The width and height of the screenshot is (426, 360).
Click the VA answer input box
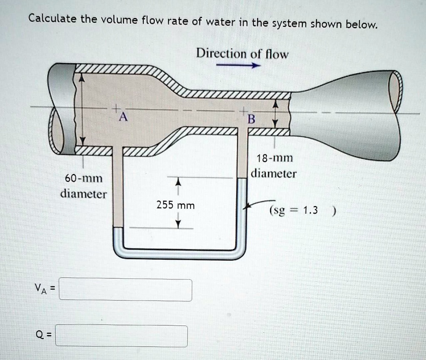tap(125, 290)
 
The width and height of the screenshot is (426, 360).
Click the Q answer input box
tap(121, 335)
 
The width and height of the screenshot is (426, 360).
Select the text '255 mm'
tap(176, 205)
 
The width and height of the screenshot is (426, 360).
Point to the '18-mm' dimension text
tap(275, 158)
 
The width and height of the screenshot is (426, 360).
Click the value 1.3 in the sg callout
tap(310, 210)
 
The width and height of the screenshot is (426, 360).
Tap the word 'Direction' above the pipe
tap(221, 54)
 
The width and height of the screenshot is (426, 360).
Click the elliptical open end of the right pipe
tap(396, 91)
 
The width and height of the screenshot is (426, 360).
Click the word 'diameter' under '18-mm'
tap(275, 173)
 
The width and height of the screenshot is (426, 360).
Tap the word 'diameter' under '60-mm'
tap(84, 194)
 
